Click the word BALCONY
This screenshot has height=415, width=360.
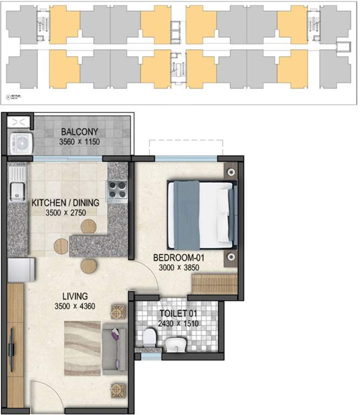click(79, 131)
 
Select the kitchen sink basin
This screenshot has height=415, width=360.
click(16, 190)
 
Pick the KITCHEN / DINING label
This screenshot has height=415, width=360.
click(65, 203)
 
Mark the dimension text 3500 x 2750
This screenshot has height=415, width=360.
click(65, 213)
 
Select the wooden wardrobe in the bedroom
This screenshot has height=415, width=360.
click(215, 284)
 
